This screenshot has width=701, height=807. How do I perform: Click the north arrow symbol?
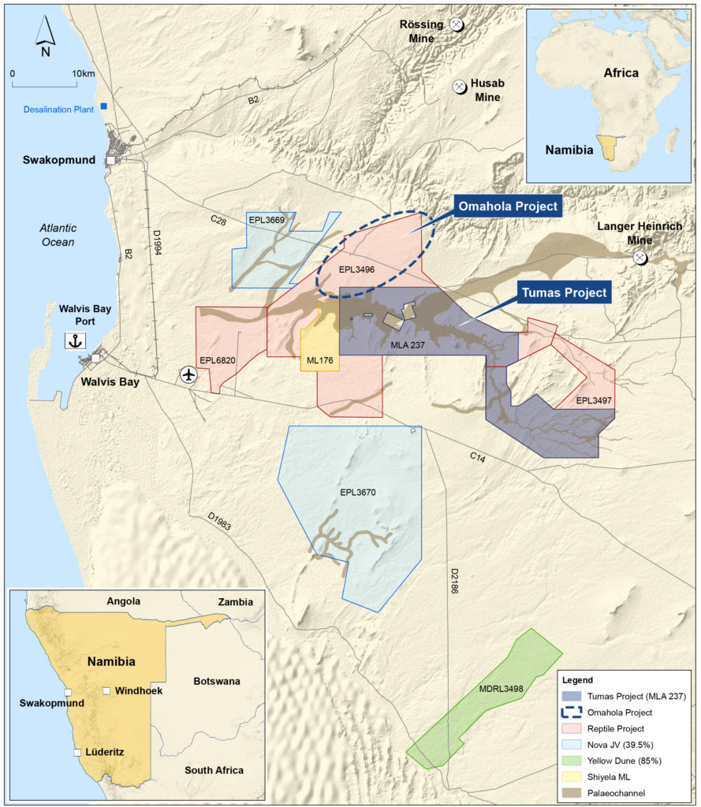click(x=46, y=37)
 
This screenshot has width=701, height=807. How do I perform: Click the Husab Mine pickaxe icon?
click(x=459, y=86)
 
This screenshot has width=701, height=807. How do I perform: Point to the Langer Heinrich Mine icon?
click(x=640, y=258)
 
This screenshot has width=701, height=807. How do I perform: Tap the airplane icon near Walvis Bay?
click(x=188, y=374)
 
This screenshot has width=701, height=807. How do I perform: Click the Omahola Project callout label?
click(x=507, y=207)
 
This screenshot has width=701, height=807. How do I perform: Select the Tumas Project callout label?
click(x=563, y=292)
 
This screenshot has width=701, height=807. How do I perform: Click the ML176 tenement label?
click(x=320, y=361)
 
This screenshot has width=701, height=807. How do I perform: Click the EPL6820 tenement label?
click(x=218, y=361)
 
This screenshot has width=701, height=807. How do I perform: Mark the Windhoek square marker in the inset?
click(x=106, y=691)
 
